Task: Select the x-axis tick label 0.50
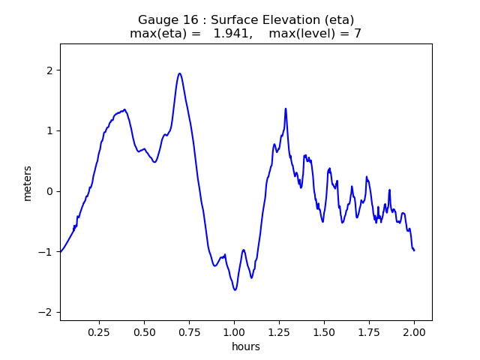144,331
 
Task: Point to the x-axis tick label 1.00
234,331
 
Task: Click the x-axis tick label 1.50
324,331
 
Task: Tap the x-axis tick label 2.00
414,331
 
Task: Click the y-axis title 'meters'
28,182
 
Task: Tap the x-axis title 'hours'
246,346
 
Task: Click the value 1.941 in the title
230,34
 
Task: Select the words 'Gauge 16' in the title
165,19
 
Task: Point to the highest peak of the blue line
179,73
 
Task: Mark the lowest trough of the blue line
235,289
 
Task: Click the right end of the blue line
414,250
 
